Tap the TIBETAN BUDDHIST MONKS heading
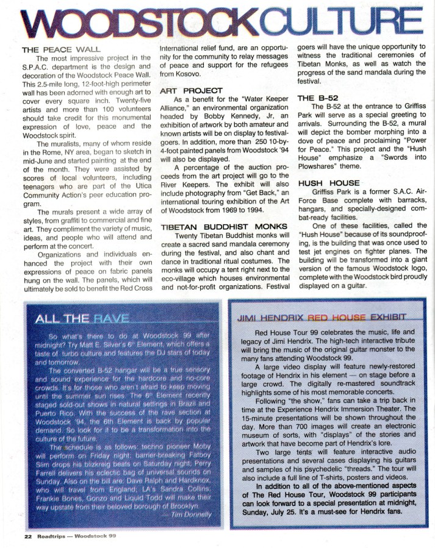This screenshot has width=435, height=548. (220, 226)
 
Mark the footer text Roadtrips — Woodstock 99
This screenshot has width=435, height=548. (77, 537)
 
